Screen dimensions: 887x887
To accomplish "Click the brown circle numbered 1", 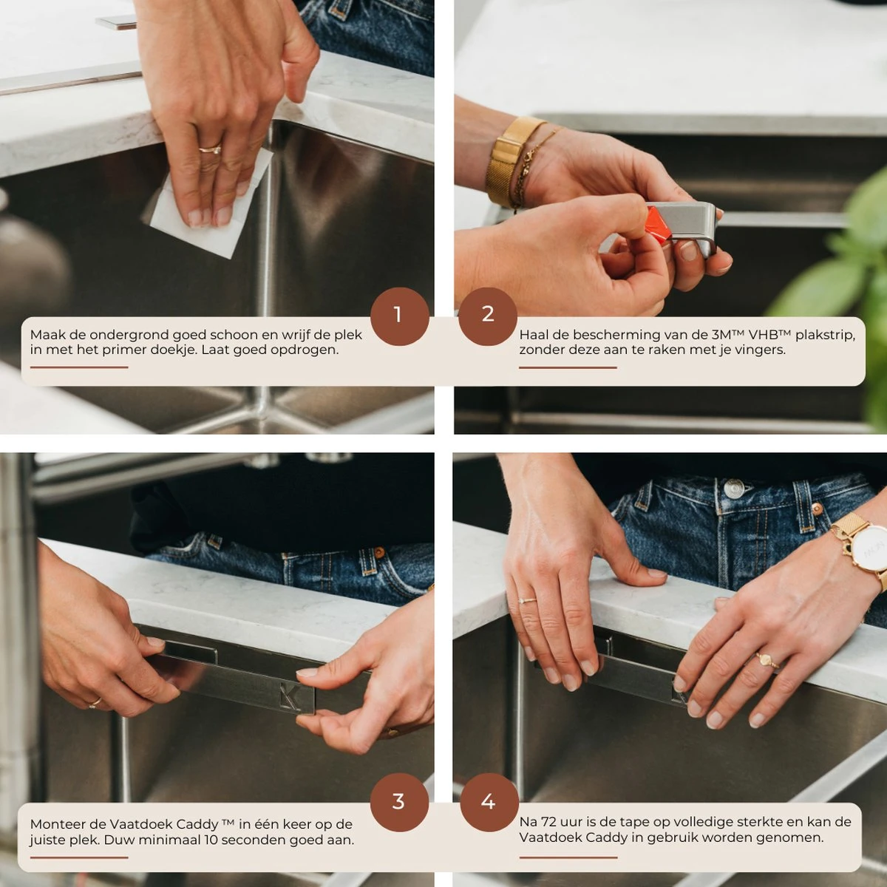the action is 399,316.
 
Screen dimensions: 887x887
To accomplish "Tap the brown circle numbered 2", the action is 488,316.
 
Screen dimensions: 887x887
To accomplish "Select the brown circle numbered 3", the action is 399,801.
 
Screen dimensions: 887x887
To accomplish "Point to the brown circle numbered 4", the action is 489,801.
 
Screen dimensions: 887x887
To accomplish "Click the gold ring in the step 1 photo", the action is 211,149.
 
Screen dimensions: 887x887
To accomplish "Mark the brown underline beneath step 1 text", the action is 79,367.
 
